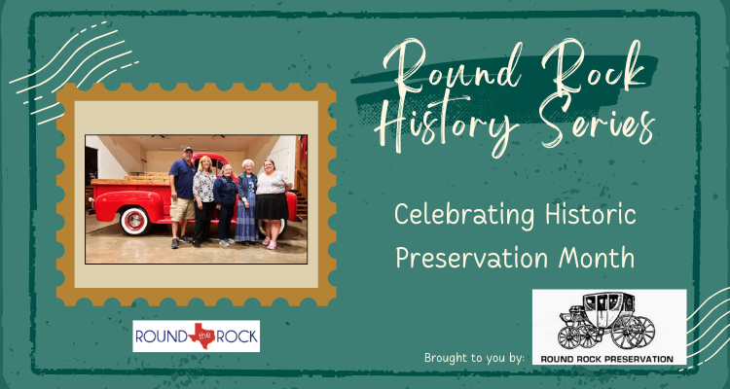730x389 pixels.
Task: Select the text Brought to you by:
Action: (474, 358)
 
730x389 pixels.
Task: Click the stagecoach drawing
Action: (607, 321)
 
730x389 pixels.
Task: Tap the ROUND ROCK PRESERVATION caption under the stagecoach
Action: (606, 359)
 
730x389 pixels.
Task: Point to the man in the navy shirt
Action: (182, 196)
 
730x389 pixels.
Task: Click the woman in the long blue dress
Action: (247, 202)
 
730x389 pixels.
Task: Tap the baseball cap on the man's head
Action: (188, 150)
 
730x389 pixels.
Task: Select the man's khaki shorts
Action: (182, 209)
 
